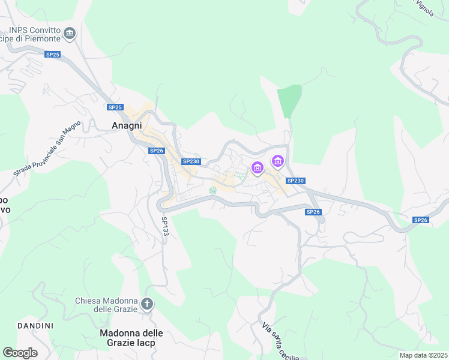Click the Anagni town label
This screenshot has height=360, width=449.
(127, 126)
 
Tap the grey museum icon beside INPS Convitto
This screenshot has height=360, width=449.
(70, 34)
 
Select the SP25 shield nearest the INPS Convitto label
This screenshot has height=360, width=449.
(53, 55)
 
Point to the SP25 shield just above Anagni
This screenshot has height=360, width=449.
(115, 107)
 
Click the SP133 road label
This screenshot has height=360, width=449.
(165, 226)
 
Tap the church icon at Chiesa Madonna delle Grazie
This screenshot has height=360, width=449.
(148, 304)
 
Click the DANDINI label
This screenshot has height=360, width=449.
(35, 326)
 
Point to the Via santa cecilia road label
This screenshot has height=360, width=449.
(280, 341)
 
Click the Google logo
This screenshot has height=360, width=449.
(20, 353)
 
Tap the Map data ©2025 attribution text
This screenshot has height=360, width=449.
(423, 355)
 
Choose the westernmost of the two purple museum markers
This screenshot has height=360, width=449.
(258, 168)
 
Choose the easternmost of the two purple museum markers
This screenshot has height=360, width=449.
(277, 161)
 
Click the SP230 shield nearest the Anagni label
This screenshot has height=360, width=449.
(190, 161)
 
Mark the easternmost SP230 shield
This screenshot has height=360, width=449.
(295, 181)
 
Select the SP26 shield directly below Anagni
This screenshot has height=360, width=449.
(156, 151)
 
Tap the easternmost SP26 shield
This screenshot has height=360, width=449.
(421, 220)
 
